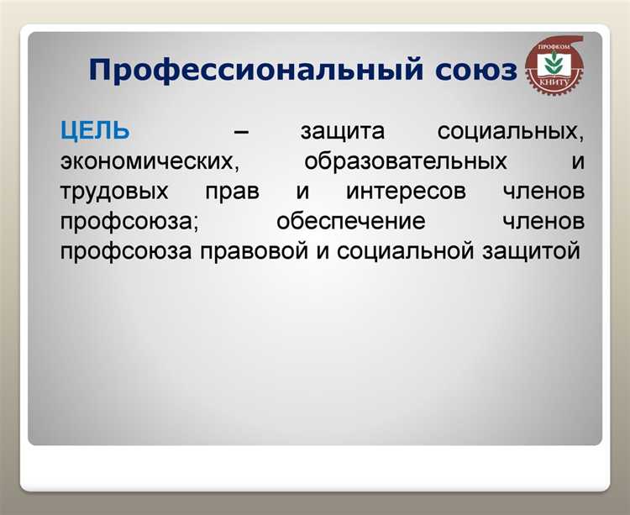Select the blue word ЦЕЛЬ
click(x=95, y=131)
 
